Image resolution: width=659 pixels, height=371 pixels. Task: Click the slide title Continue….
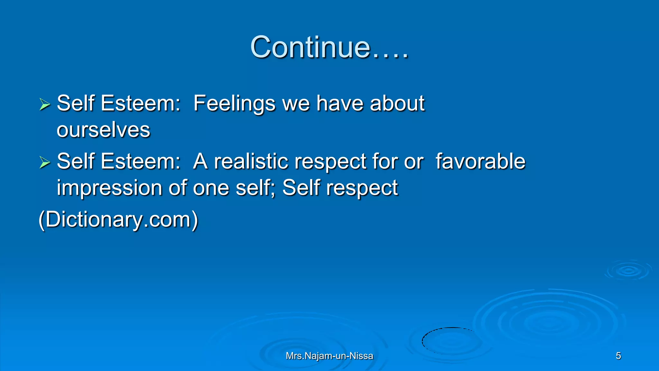(329, 47)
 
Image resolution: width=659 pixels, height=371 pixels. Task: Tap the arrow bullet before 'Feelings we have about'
(45, 104)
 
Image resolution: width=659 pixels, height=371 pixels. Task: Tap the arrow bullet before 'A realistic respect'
(45, 162)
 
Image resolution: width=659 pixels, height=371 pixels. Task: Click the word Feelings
(234, 104)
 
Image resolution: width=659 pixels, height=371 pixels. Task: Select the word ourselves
(103, 130)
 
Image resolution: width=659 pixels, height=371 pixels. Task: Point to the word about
(397, 104)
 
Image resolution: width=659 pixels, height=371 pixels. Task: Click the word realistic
(251, 161)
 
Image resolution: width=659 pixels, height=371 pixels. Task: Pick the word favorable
(480, 161)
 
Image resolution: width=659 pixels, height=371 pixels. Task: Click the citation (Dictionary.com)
(118, 220)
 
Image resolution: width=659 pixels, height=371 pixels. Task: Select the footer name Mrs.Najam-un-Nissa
(329, 356)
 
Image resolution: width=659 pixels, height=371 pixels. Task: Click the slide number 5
(618, 356)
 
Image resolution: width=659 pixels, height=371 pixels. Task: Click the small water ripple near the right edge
(628, 271)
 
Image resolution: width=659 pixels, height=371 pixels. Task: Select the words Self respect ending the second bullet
(340, 188)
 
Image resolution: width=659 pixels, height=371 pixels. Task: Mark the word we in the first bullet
(296, 104)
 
